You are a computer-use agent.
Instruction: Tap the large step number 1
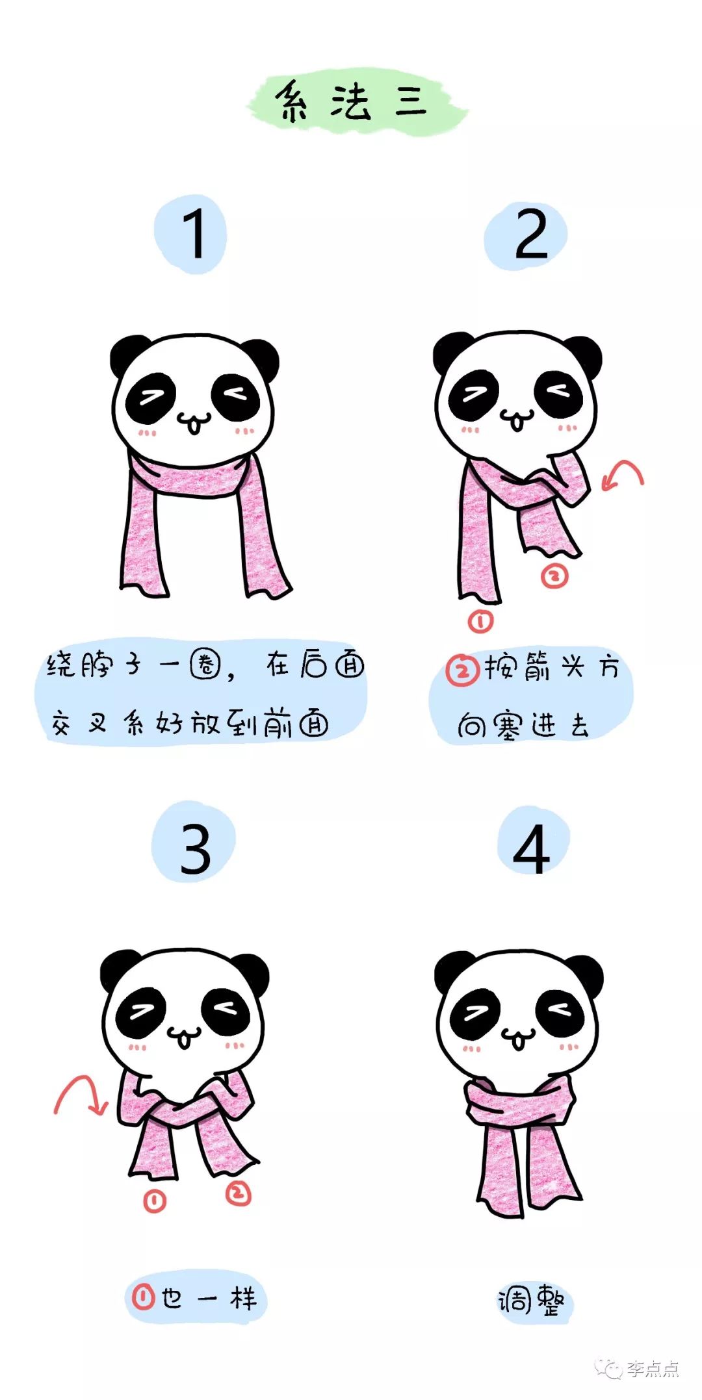click(x=193, y=234)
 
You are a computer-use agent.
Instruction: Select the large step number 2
click(x=530, y=235)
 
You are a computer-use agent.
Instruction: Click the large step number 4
click(x=531, y=849)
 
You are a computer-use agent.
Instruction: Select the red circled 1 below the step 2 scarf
click(x=480, y=622)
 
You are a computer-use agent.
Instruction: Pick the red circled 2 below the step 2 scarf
click(x=554, y=576)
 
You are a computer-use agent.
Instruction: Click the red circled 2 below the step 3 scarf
click(x=238, y=1193)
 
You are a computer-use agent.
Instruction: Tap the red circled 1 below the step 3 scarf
click(x=154, y=1201)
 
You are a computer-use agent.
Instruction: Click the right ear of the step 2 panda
click(x=584, y=353)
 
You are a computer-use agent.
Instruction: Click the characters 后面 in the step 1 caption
click(x=332, y=665)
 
